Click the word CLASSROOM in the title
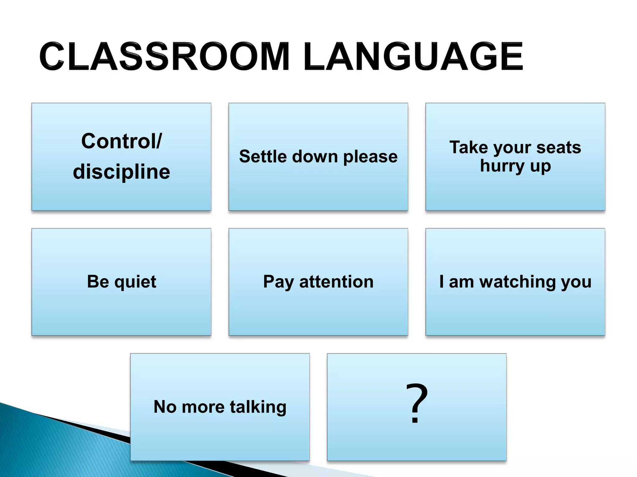pyautogui.click(x=165, y=57)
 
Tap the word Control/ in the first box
pyautogui.click(x=121, y=141)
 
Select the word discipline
pyautogui.click(x=121, y=172)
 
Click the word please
pyautogui.click(x=370, y=157)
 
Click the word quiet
pyautogui.click(x=135, y=282)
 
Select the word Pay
pyautogui.click(x=278, y=282)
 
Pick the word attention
pyautogui.click(x=336, y=282)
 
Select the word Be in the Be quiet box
pyautogui.click(x=98, y=282)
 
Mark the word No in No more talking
pyautogui.click(x=165, y=407)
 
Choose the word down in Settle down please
pyautogui.click(x=315, y=156)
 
